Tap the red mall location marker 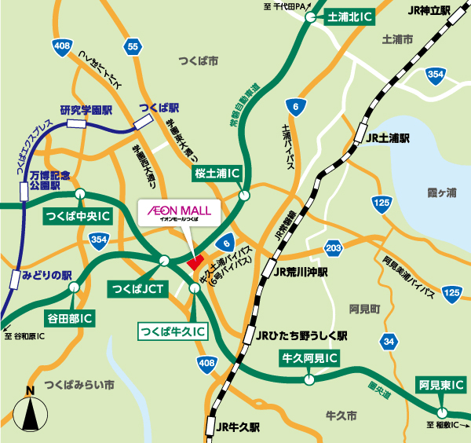pyautogui.click(x=195, y=261)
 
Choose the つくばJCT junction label pyautogui.click(x=137, y=289)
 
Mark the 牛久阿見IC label pyautogui.click(x=310, y=360)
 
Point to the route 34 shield pyautogui.click(x=389, y=341)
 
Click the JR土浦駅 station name pyautogui.click(x=388, y=138)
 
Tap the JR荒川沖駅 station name pyautogui.click(x=302, y=272)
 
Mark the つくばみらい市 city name pyautogui.click(x=79, y=385)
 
